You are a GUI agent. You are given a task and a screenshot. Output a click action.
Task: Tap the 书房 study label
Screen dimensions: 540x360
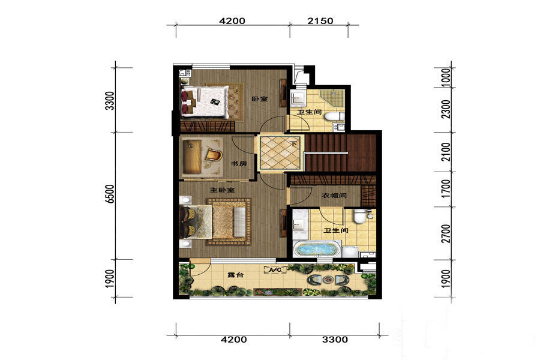point(239,164)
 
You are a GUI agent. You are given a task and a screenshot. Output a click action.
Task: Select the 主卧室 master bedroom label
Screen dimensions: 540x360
point(223,190)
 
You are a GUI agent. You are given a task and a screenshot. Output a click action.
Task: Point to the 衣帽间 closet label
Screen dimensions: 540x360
point(334,196)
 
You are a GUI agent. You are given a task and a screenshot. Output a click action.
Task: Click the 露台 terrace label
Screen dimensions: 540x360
point(236,275)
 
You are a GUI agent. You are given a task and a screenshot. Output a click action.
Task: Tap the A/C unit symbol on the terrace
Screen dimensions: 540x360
point(275,270)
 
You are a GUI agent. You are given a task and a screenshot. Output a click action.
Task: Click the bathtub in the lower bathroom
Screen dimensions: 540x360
point(316,249)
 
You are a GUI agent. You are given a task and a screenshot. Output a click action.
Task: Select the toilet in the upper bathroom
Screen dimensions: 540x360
point(334,116)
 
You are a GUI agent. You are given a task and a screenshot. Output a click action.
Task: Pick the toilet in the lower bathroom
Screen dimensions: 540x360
point(359,216)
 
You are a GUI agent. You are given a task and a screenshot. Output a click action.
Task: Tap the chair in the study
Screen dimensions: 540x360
point(214,155)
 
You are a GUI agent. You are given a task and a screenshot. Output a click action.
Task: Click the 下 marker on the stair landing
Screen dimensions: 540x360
point(294,143)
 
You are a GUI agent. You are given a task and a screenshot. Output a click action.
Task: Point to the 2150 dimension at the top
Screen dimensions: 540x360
point(320,21)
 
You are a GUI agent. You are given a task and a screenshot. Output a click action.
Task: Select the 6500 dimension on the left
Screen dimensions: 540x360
point(110,194)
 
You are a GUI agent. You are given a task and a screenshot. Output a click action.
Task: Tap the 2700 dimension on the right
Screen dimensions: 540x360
point(446,233)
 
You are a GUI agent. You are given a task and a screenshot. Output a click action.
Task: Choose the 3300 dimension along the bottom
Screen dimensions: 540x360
point(335,340)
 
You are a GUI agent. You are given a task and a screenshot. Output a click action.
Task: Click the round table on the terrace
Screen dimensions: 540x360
point(328,280)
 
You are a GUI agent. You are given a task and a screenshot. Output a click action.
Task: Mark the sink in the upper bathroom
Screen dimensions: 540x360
point(297,98)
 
